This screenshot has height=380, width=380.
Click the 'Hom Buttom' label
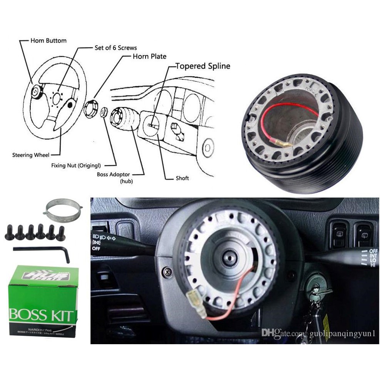[x=49, y=40]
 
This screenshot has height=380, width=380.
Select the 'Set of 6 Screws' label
[x=116, y=48]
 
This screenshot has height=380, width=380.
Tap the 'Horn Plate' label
[x=149, y=56]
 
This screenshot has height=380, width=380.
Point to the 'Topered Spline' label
[x=203, y=66]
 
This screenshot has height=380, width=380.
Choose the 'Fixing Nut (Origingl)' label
[x=76, y=166]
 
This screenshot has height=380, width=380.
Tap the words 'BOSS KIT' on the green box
[x=41, y=315]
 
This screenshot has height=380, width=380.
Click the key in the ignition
[x=317, y=295]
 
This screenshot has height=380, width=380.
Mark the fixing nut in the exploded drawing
[x=103, y=112]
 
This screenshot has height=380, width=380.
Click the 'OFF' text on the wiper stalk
[x=373, y=251]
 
